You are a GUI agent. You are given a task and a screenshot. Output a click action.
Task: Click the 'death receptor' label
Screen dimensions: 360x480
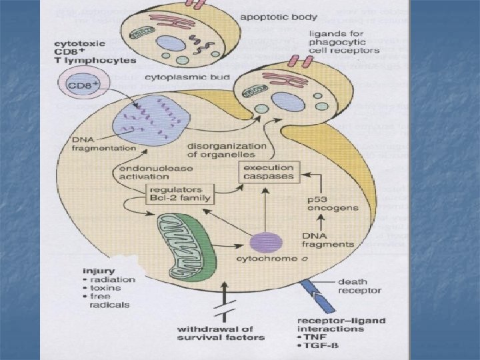pos(361,286)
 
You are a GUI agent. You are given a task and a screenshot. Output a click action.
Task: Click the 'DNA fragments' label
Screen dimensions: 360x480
pos(328,239)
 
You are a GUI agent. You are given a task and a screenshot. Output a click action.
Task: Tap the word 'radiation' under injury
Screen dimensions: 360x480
pos(113,280)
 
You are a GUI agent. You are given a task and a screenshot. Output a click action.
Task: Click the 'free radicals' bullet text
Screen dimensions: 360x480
pos(110,300)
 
